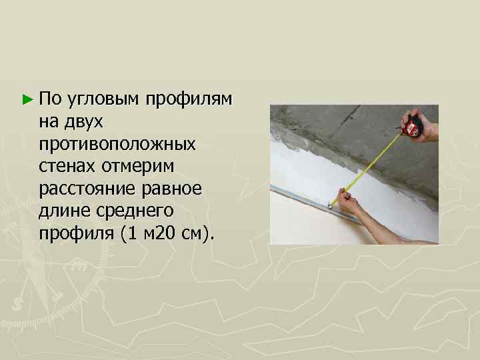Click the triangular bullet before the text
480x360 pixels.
(26, 100)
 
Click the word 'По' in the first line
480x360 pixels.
(49, 99)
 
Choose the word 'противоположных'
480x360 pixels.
(117, 144)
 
